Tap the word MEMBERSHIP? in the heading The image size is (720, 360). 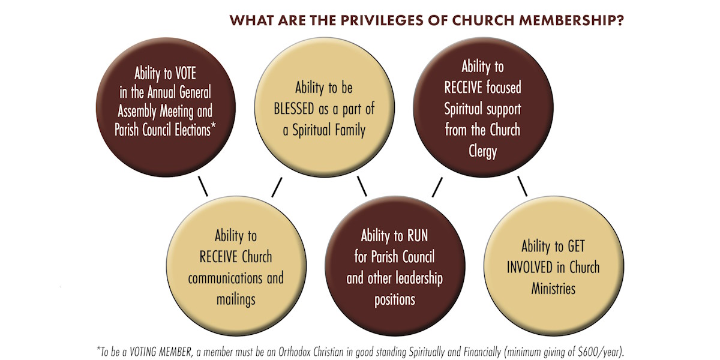[572, 20]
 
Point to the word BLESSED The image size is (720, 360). [294, 109]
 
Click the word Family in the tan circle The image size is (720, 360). [350, 130]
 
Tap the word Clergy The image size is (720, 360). [482, 151]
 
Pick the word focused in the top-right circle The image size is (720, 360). [503, 88]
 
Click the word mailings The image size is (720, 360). [236, 300]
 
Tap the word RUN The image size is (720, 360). [418, 236]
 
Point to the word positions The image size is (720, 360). [395, 300]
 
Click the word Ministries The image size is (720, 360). [553, 289]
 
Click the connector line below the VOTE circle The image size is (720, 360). [203, 186]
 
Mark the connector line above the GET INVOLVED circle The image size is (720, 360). [523, 186]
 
